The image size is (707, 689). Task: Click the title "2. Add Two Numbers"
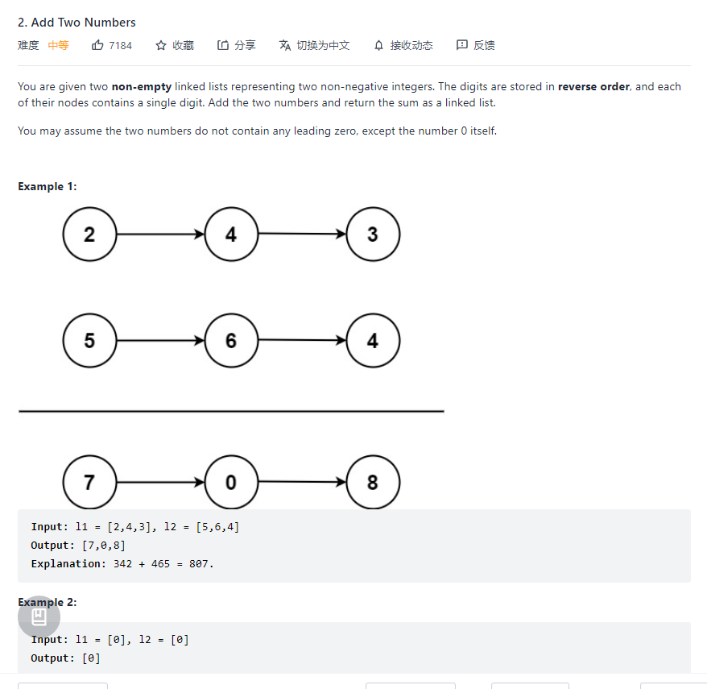click(x=76, y=23)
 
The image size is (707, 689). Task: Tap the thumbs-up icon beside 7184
click(x=97, y=45)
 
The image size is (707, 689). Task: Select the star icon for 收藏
click(x=161, y=45)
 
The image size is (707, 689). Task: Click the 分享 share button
click(x=237, y=45)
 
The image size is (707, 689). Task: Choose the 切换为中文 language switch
click(x=315, y=45)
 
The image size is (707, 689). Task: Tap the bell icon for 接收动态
click(x=379, y=45)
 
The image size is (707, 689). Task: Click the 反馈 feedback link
click(x=476, y=45)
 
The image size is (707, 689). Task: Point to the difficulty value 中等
click(x=58, y=45)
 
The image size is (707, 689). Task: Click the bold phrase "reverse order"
click(x=593, y=87)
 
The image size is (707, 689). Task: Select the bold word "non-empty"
click(x=142, y=87)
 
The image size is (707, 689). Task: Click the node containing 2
click(x=89, y=235)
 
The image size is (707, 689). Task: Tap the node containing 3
click(x=373, y=235)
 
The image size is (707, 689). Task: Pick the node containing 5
click(x=89, y=341)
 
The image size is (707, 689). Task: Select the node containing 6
click(x=231, y=341)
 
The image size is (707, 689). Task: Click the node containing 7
click(x=89, y=483)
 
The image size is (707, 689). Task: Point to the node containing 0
click(x=231, y=483)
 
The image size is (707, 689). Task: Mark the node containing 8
click(x=373, y=483)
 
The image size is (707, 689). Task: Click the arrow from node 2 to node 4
click(x=160, y=235)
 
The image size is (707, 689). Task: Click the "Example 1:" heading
click(x=48, y=186)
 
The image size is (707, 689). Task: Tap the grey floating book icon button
click(x=39, y=616)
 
